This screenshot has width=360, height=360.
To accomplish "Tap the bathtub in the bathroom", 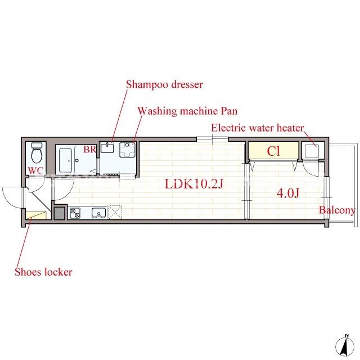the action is (x=66, y=160).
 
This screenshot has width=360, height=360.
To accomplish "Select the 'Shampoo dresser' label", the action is (x=164, y=84).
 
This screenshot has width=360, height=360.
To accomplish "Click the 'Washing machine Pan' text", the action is (x=187, y=111).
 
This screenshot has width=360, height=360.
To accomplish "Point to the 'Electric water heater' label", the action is (x=258, y=128).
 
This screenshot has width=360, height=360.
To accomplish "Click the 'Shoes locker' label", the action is (x=43, y=272).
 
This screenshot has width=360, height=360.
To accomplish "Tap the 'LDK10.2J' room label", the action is (x=194, y=184).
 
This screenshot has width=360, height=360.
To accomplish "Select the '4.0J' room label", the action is (x=288, y=193).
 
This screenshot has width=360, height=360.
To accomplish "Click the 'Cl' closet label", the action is (x=273, y=151).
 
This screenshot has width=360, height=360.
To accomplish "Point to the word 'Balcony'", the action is (x=337, y=210).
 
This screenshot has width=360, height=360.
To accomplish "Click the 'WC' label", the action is (x=35, y=170).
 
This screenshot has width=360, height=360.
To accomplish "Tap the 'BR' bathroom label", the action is (x=90, y=150).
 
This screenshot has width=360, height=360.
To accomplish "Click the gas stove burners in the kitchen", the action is (x=75, y=213).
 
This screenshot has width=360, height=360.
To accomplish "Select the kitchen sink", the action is (x=99, y=213).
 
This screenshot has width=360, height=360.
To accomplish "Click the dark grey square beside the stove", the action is (x=60, y=214).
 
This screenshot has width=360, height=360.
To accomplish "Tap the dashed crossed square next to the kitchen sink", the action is (x=115, y=213).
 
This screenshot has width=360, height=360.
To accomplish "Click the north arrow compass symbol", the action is (x=344, y=347).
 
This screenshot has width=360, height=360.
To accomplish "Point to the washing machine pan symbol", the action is (x=127, y=150).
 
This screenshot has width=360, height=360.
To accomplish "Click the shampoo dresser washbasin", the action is (x=107, y=147).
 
